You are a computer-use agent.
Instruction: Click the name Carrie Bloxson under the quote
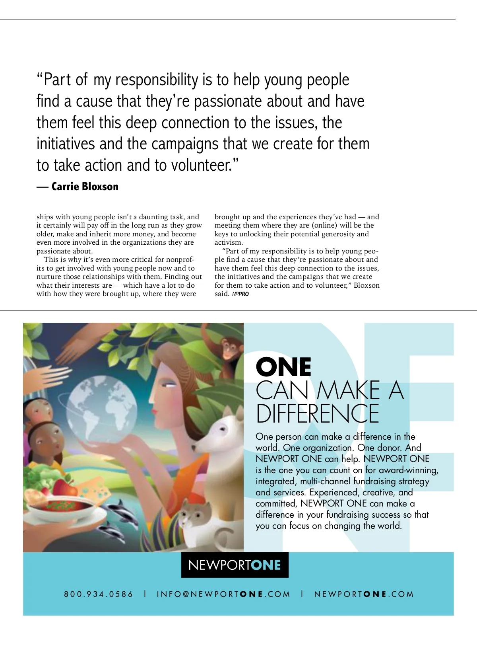[x=85, y=187]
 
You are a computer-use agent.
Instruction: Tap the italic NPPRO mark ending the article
[x=240, y=294]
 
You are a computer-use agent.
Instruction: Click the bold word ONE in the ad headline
[x=283, y=367]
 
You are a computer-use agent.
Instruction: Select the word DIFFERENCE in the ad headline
[x=318, y=414]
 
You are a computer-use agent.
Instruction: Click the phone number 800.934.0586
[x=99, y=594]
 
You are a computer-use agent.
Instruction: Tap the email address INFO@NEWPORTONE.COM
[x=223, y=594]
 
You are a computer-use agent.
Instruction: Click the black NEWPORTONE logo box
[x=235, y=565]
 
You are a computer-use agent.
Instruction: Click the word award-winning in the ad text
[x=408, y=470]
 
